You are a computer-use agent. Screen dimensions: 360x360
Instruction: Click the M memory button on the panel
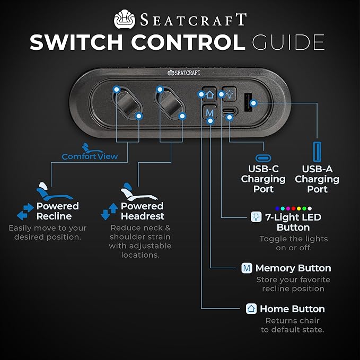pyautogui.click(x=210, y=112)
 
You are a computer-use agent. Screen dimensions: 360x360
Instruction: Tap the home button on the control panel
pyautogui.click(x=209, y=94)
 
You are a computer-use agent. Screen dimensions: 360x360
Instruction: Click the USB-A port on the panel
pyautogui.click(x=248, y=102)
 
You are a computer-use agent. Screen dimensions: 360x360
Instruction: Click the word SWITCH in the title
pyautogui.click(x=84, y=42)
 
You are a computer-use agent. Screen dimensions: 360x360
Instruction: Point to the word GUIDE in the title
pyautogui.click(x=288, y=42)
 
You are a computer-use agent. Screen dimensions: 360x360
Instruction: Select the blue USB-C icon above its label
pyautogui.click(x=263, y=159)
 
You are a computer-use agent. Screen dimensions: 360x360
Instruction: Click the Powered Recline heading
pyautogui.click(x=57, y=211)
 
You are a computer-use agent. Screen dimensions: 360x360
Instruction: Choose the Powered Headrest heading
pyautogui.click(x=142, y=211)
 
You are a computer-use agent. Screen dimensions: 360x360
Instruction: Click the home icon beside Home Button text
pyautogui.click(x=251, y=309)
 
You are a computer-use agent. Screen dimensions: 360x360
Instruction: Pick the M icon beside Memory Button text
pyautogui.click(x=247, y=268)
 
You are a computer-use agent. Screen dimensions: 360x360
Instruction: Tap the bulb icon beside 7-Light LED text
pyautogui.click(x=255, y=217)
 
